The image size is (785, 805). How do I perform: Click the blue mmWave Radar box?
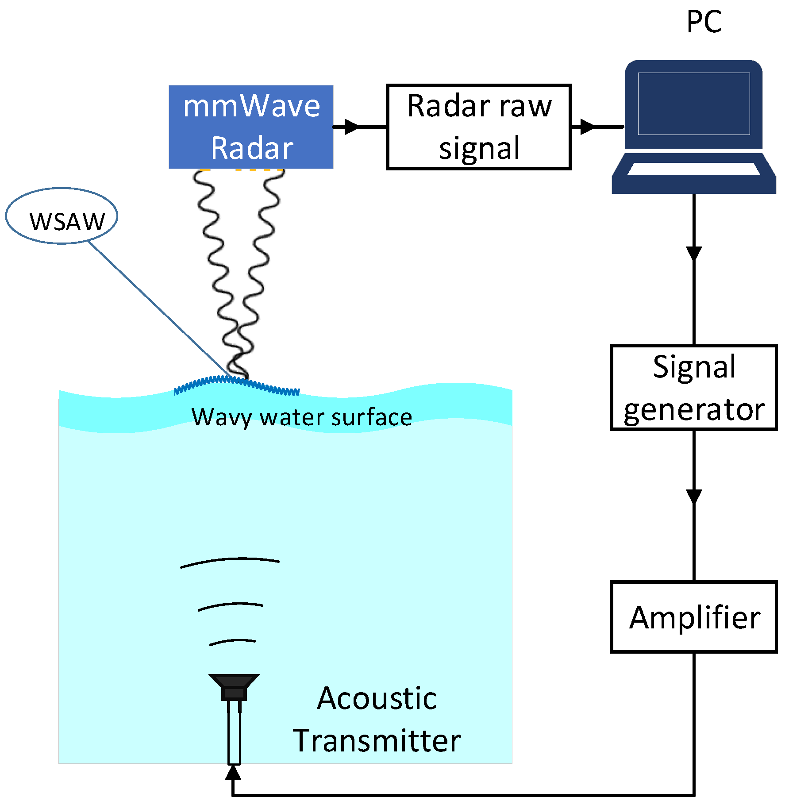[x=250, y=127]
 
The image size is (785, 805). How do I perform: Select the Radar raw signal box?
[x=479, y=127]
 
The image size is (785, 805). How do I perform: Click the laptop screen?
[x=693, y=104]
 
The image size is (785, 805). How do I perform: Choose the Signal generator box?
[x=693, y=387]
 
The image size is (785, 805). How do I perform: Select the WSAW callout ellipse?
[x=62, y=216]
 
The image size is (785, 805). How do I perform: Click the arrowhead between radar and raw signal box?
[x=352, y=127]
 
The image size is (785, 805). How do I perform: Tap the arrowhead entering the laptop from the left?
[x=587, y=127]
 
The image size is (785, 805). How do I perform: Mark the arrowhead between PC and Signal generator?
[x=693, y=253]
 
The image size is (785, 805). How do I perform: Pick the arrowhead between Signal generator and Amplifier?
[x=693, y=496]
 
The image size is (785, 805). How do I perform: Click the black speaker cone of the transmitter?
[x=234, y=681]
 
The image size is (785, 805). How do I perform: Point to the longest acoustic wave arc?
[x=230, y=561]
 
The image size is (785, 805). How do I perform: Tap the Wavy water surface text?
[x=301, y=417]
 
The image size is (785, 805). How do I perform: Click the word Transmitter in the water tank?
[x=377, y=741]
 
